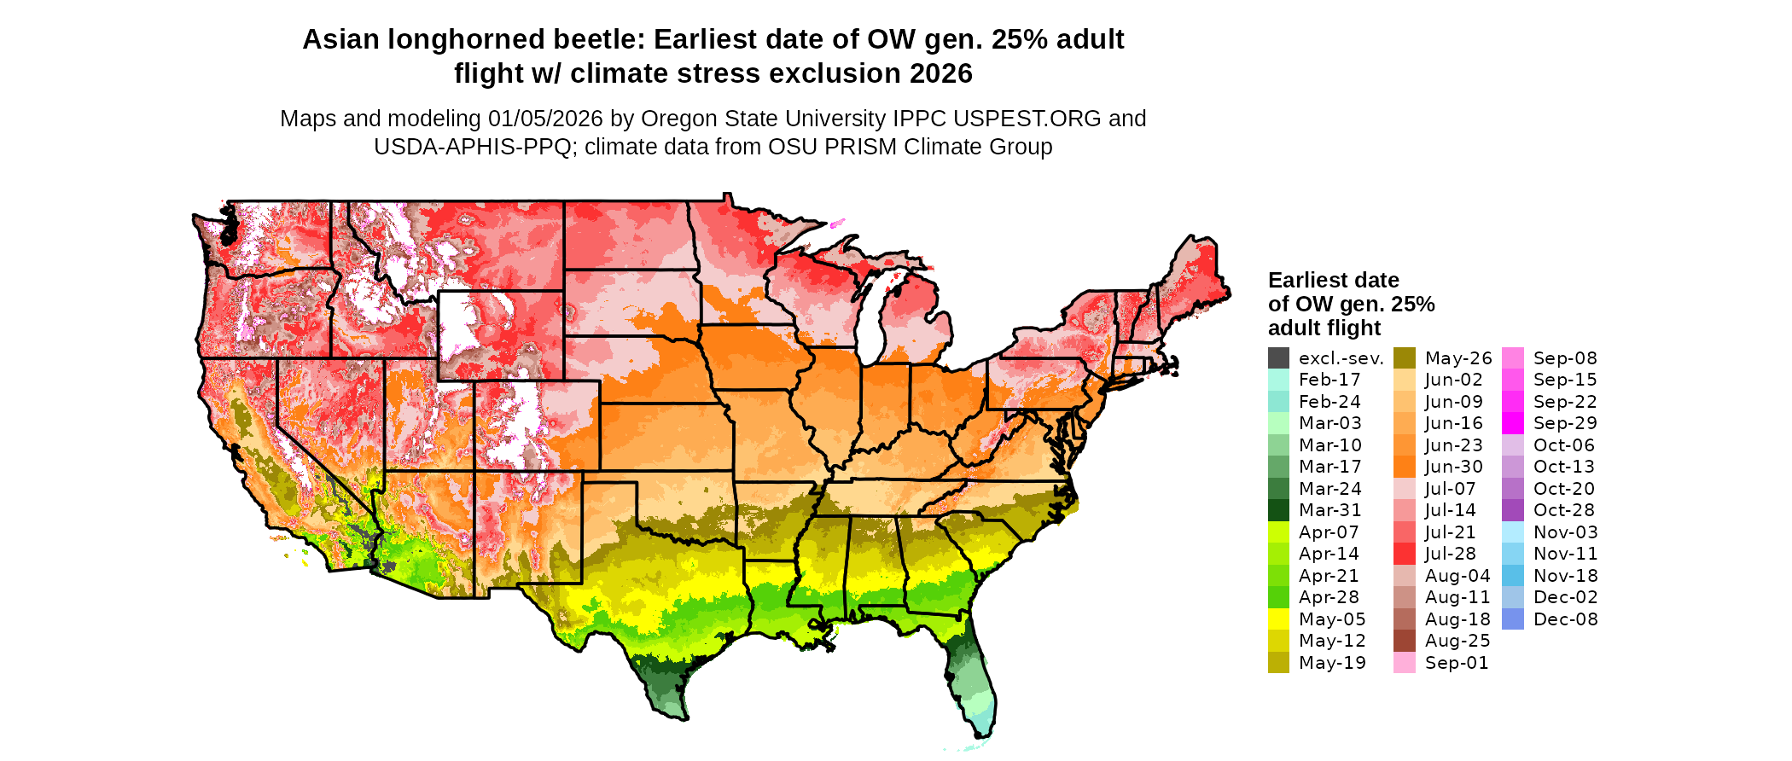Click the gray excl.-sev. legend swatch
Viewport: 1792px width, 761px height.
click(x=1278, y=358)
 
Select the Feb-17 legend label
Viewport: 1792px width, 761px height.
click(x=1329, y=380)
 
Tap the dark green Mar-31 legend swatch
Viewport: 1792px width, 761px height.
click(x=1278, y=510)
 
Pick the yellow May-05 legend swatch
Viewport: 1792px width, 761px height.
click(x=1278, y=619)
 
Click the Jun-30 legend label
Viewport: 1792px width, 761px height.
click(x=1454, y=467)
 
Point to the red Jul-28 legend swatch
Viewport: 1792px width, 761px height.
click(x=1405, y=554)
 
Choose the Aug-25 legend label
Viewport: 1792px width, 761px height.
click(x=1457, y=641)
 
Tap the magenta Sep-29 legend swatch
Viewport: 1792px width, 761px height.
click(x=1513, y=423)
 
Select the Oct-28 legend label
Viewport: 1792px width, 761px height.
click(x=1564, y=510)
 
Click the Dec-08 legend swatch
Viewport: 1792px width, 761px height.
click(x=1513, y=619)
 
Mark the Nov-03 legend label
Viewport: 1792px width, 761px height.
click(x=1566, y=532)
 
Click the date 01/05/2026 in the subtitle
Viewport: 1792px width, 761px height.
click(x=545, y=119)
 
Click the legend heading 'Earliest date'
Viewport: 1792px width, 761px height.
click(x=1333, y=280)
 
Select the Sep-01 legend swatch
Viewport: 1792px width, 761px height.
click(x=1405, y=663)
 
